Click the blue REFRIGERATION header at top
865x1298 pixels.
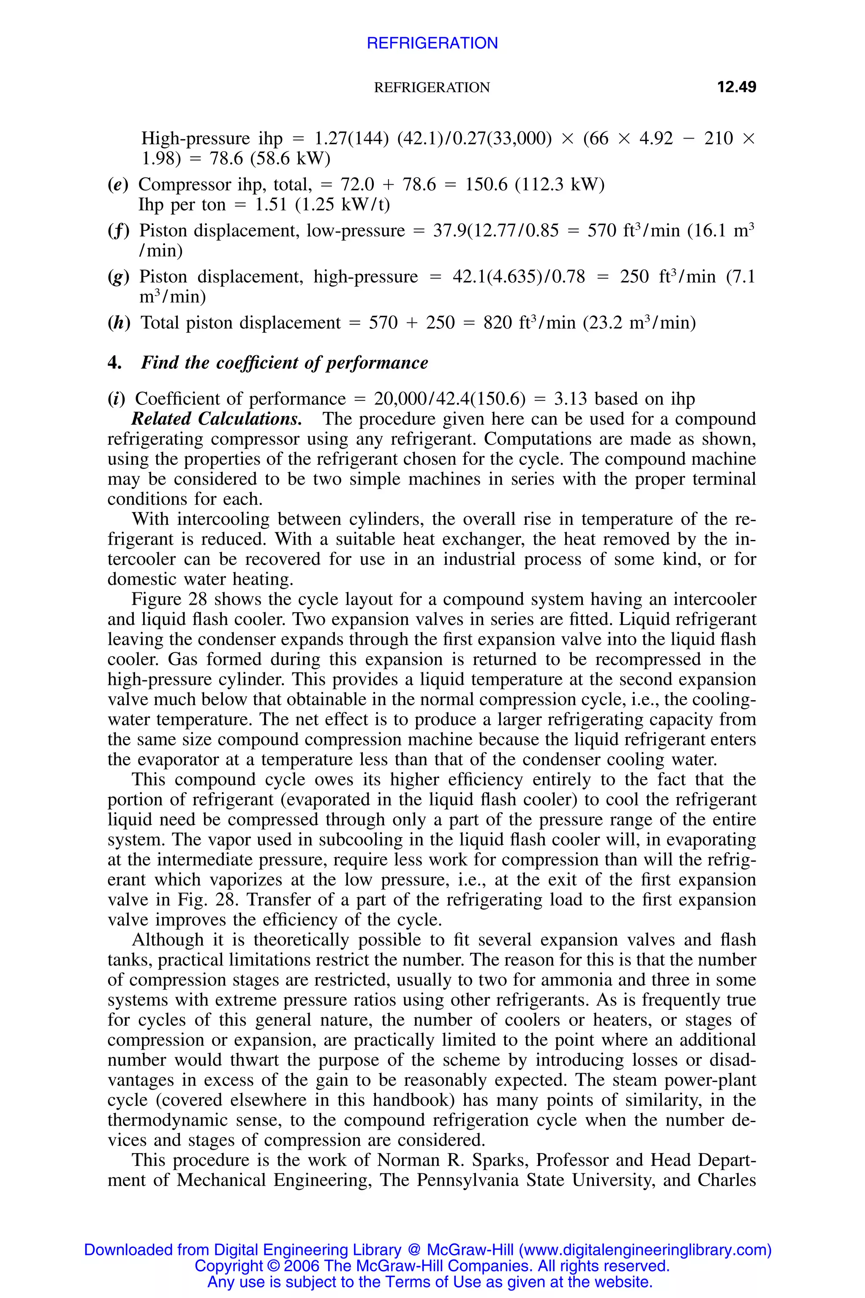[x=432, y=43]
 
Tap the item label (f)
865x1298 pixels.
[x=118, y=230]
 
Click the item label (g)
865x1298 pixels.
[x=118, y=276]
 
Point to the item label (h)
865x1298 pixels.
[x=119, y=323]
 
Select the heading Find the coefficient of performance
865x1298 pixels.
[x=284, y=363]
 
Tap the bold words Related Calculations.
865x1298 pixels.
[x=216, y=419]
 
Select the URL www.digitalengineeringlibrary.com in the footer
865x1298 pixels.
[x=645, y=1249]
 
